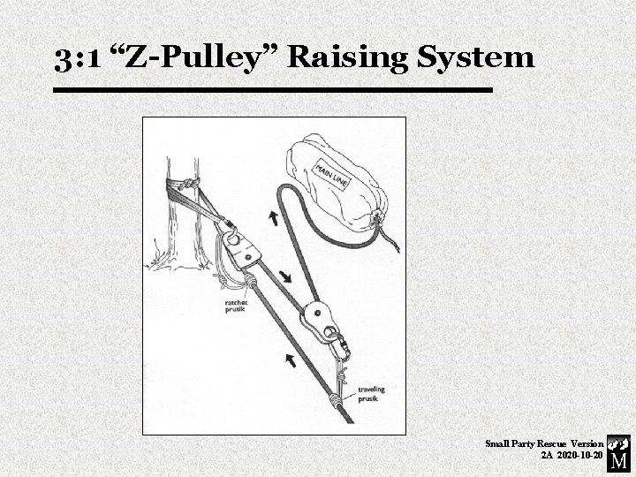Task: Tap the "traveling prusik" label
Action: coord(371,394)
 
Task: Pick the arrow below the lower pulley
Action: coord(290,357)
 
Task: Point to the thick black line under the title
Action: coord(272,90)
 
